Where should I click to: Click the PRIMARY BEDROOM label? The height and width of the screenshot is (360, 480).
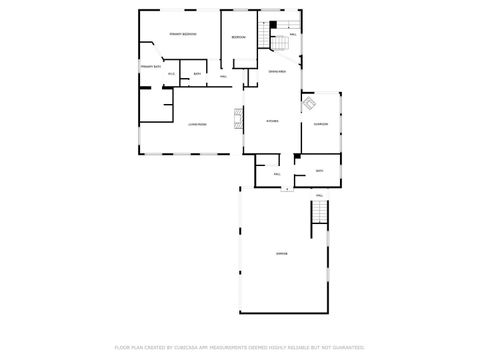pos(182,34)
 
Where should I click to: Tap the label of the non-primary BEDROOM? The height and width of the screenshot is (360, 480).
pos(238,37)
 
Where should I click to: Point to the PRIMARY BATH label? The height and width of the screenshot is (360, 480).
pos(151,66)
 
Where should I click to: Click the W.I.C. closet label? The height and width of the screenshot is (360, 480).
pos(171,73)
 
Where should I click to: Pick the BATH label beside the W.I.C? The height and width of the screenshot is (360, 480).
pos(197,73)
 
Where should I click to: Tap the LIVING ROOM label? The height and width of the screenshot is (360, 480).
pos(197,124)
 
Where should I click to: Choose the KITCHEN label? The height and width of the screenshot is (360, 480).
pos(272,121)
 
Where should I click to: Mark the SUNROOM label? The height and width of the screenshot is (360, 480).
pos(321,124)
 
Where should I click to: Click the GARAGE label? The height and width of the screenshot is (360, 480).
pos(282,253)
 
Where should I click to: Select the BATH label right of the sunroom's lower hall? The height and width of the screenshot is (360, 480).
pos(320,171)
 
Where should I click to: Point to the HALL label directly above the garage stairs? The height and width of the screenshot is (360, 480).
pos(320,194)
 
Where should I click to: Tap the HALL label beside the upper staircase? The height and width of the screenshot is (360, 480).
pos(293,35)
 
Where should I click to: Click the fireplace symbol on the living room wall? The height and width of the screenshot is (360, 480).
pos(237,119)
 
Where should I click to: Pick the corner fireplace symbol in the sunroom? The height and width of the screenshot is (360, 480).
pos(309,103)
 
